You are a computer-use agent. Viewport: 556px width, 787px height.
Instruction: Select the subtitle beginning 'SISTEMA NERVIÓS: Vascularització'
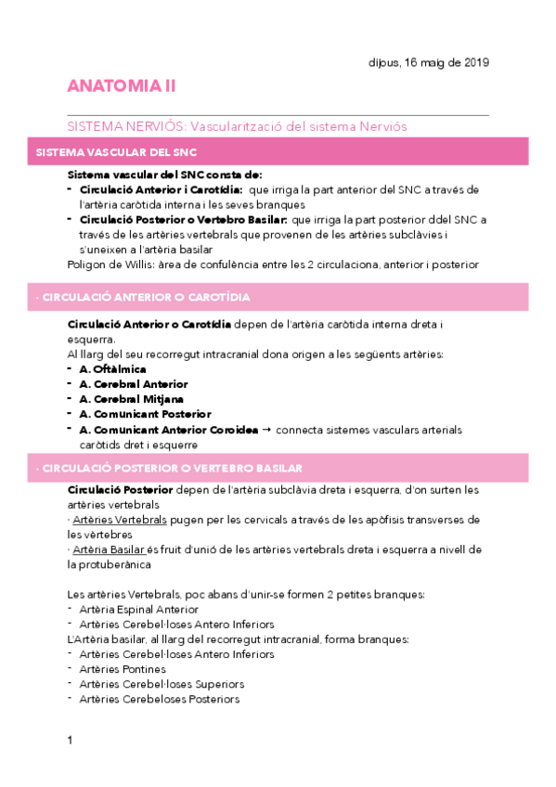click(238, 125)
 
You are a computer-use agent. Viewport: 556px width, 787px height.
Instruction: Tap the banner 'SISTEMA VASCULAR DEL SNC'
click(115, 151)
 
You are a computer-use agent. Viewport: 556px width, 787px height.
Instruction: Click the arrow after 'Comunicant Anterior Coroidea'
click(267, 430)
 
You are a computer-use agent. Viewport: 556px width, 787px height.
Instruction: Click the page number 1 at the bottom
click(70, 740)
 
